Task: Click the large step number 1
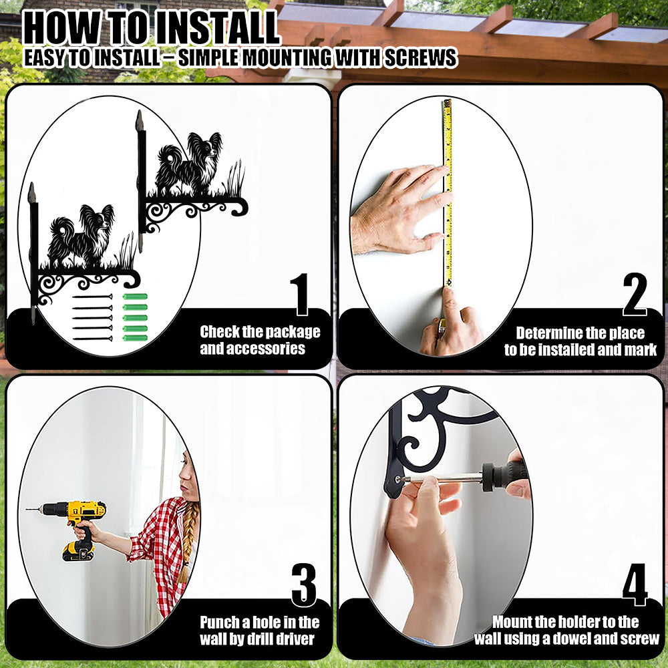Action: coord(301,295)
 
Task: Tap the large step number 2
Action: coord(635,294)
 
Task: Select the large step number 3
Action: coord(304,585)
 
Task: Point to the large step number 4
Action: coord(635,584)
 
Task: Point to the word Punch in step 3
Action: coord(219,623)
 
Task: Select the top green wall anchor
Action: coord(136,297)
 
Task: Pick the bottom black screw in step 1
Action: coord(93,339)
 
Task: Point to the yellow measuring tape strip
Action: coord(448,192)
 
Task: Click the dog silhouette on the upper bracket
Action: coord(190,164)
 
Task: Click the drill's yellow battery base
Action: coord(78,551)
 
